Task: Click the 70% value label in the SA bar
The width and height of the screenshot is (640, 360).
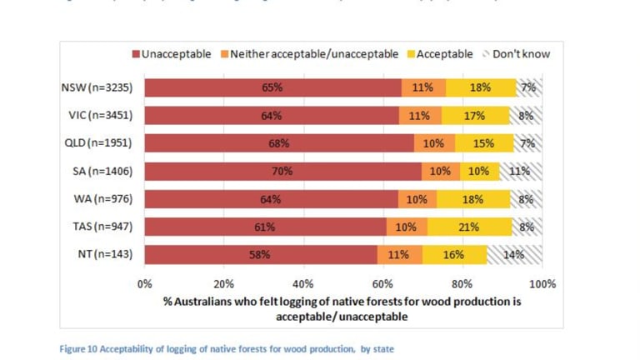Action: click(x=281, y=172)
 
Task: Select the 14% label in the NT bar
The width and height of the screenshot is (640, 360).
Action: click(x=513, y=255)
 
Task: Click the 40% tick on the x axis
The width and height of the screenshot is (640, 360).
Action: click(x=303, y=283)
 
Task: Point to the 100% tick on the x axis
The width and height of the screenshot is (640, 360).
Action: click(x=542, y=283)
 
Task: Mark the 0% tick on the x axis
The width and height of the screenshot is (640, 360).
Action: click(x=145, y=283)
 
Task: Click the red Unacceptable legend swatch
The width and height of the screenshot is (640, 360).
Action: click(x=136, y=55)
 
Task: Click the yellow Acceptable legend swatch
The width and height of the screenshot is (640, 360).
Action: click(x=412, y=55)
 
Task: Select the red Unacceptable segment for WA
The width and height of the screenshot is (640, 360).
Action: click(x=270, y=199)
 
